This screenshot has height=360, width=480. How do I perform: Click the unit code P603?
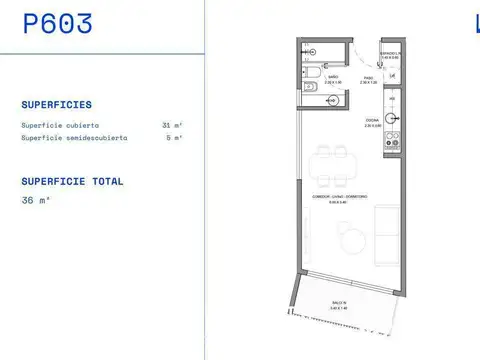58,24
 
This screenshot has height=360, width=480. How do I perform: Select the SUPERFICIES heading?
56,104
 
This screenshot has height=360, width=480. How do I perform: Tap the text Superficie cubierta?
59,125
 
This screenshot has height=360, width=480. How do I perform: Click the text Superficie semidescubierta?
74,137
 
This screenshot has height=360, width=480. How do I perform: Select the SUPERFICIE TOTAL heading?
72,182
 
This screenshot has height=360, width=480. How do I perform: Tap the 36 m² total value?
35,200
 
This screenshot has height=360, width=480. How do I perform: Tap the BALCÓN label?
340,303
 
